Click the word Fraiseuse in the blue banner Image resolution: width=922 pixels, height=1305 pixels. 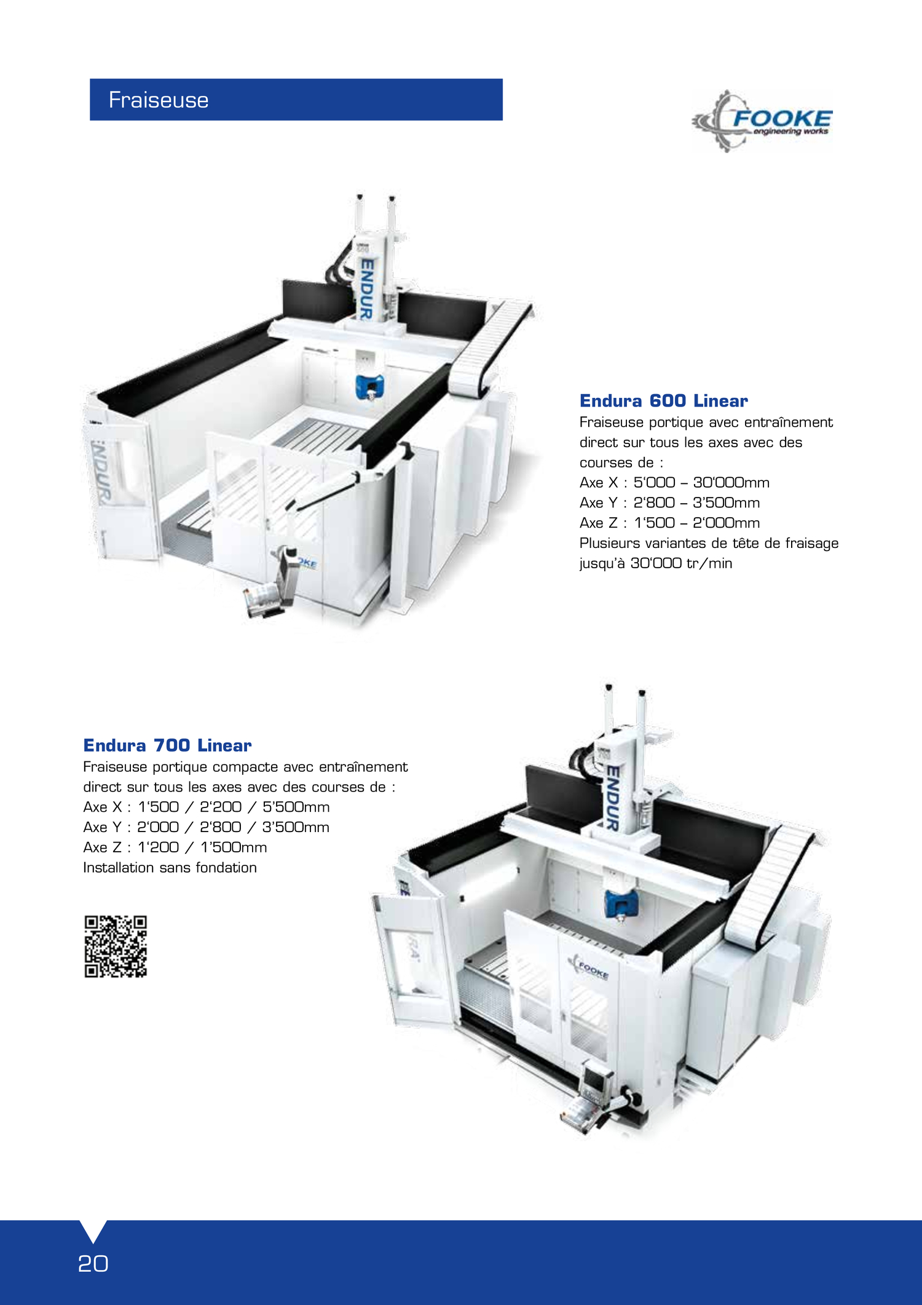pos(159,100)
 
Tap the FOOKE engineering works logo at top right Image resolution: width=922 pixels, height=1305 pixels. pos(762,121)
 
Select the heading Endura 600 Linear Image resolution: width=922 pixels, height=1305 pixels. pos(664,401)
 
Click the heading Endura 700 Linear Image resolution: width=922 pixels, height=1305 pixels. pos(167,745)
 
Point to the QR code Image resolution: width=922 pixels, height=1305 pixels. pos(116,946)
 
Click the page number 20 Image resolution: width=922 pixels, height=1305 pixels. pos(93,1264)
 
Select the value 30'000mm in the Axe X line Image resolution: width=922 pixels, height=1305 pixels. pos(731,483)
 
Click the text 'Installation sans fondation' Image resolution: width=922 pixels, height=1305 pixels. pos(170,868)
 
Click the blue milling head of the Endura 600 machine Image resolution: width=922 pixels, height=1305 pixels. pos(370,386)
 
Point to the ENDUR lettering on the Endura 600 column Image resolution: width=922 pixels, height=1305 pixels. pos(366,288)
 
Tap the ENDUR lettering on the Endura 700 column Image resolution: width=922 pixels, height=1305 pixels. pos(612,797)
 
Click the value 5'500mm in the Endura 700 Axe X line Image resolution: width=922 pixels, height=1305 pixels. pos(296,807)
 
